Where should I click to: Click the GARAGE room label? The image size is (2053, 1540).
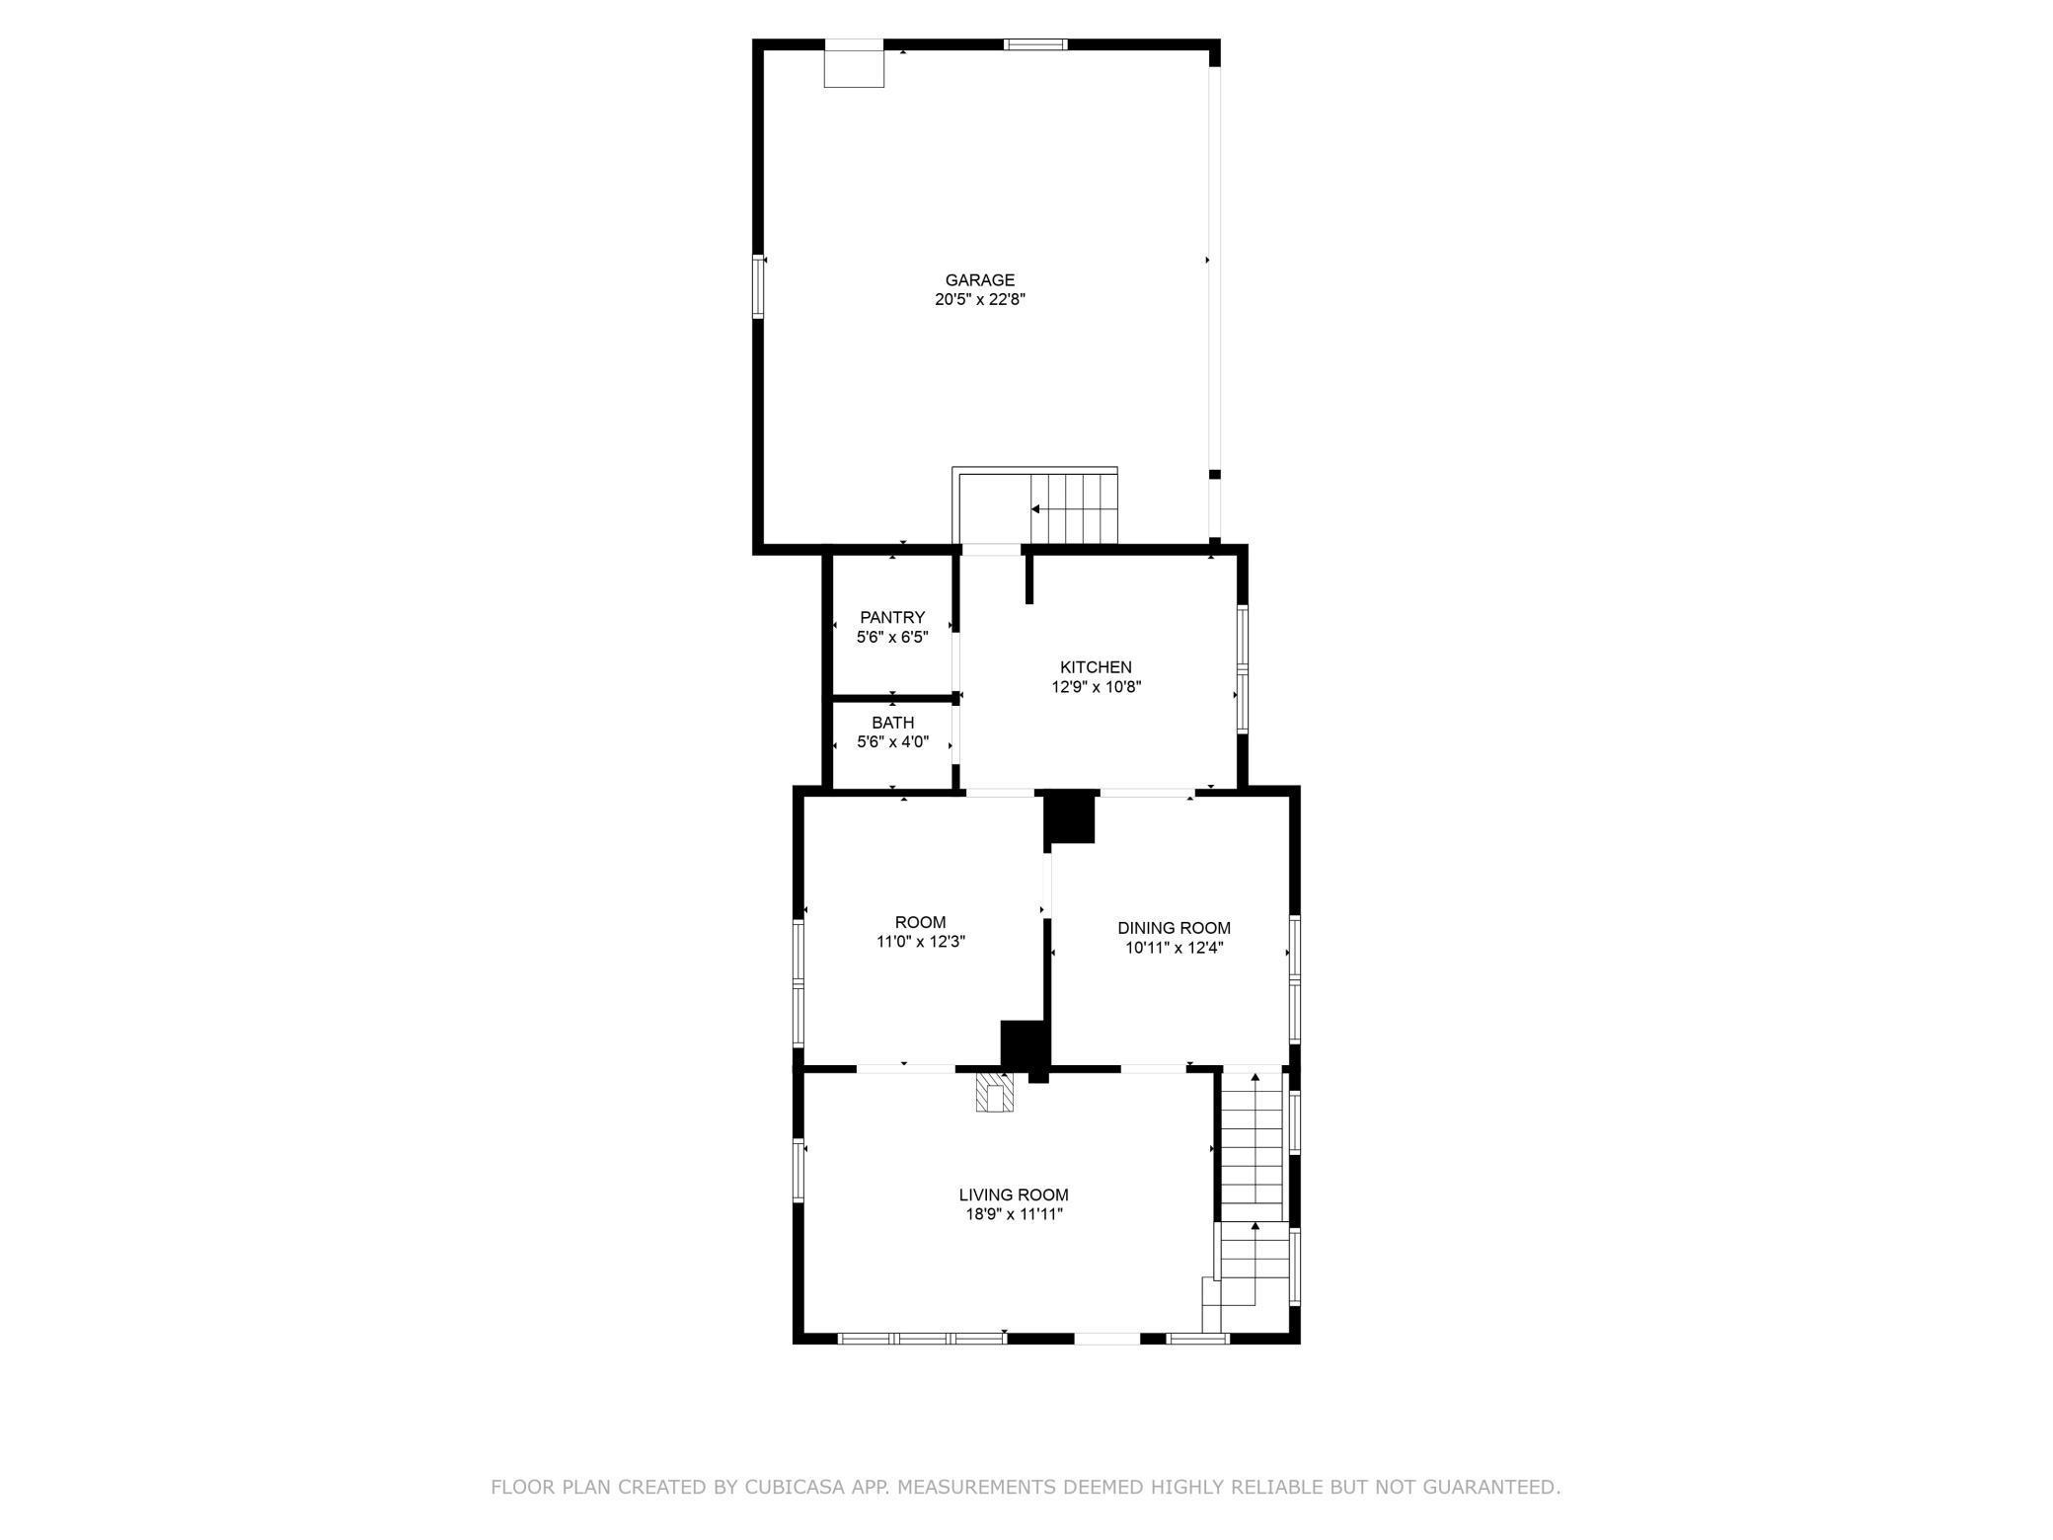pos(979,280)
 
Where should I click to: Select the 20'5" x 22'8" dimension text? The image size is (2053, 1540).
pos(979,300)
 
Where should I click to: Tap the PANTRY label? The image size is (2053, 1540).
pos(892,618)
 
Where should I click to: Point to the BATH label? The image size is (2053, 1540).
pos(892,723)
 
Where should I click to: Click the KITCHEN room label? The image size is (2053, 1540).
pos(1096,667)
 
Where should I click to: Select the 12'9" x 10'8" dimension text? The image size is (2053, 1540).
pos(1096,687)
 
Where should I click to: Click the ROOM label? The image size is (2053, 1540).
pos(920,923)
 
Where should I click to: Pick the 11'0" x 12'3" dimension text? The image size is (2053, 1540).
pos(920,942)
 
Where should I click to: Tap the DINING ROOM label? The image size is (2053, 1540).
pos(1174,928)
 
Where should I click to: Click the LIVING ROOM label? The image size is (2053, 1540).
pos(1014,1195)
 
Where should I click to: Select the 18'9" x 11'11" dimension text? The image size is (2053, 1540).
pos(1014,1214)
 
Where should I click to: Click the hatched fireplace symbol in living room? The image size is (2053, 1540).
pos(994,1093)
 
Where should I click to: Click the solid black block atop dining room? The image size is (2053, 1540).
pos(1070,818)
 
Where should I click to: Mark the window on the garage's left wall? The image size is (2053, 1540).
pos(759,286)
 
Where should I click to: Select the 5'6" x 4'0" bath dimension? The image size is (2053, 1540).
pos(892,742)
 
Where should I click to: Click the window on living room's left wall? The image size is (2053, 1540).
pos(799,1171)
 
